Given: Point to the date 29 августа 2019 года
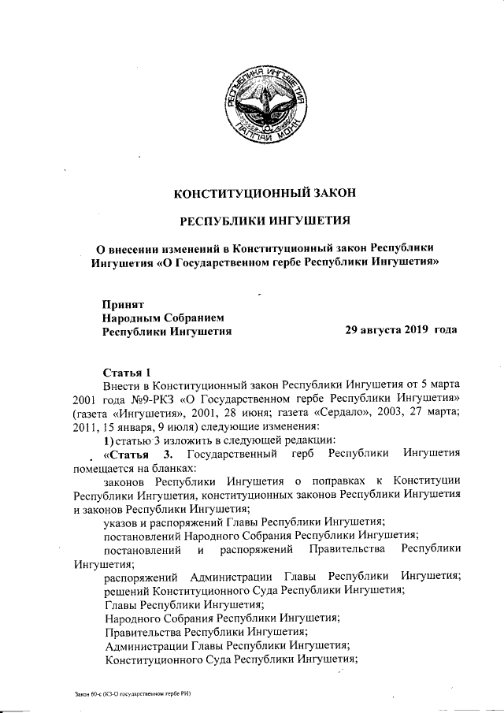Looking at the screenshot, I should [x=401, y=331].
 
